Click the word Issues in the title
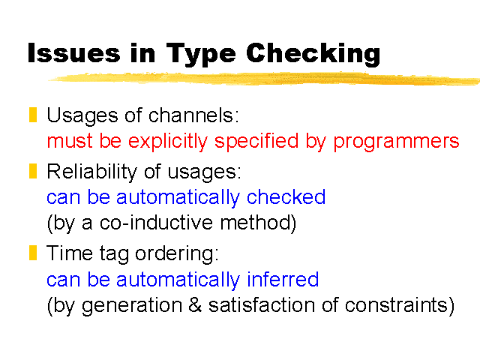74,53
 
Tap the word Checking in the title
313,54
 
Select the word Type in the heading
201,55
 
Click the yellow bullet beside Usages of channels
33,115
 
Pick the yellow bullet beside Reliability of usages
33,171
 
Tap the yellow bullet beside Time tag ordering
33,253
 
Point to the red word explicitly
168,142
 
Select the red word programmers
396,142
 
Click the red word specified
256,142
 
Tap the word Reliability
91,172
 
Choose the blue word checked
286,196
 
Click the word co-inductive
156,222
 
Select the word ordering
177,254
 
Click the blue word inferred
283,279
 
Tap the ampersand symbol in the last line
195,305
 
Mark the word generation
132,306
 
